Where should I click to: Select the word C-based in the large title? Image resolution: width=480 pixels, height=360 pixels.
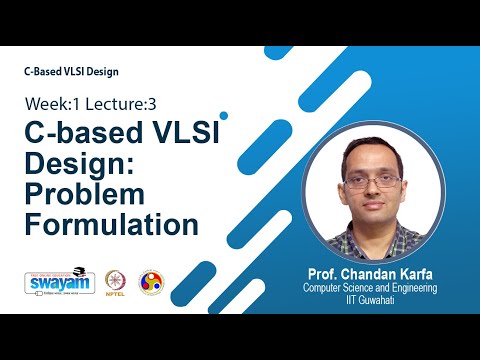point(85,132)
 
